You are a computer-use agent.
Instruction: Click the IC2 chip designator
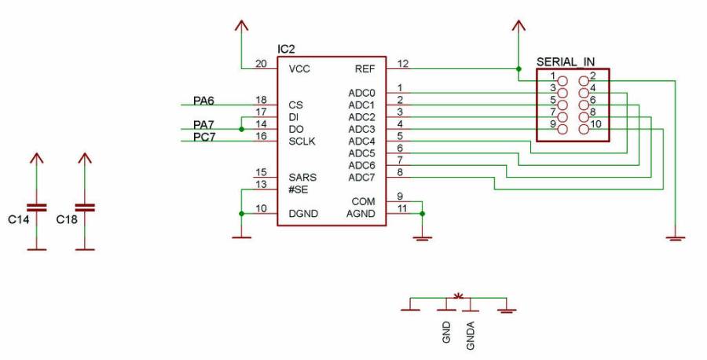(286, 50)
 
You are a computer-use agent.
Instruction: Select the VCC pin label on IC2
(299, 69)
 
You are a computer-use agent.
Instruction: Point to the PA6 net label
(204, 101)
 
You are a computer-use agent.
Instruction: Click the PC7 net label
(204, 138)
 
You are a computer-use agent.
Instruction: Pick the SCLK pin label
(302, 141)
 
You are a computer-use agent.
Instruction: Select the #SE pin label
(298, 189)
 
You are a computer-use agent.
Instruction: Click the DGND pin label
(303, 214)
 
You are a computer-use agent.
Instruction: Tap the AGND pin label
(363, 214)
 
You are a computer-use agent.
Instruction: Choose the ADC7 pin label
(362, 178)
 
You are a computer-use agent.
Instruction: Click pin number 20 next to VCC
(261, 64)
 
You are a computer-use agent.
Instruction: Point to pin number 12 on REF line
(403, 64)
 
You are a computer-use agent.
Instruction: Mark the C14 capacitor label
(19, 221)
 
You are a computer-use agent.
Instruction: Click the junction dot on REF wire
(517, 68)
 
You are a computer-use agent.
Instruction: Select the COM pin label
(364, 202)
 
